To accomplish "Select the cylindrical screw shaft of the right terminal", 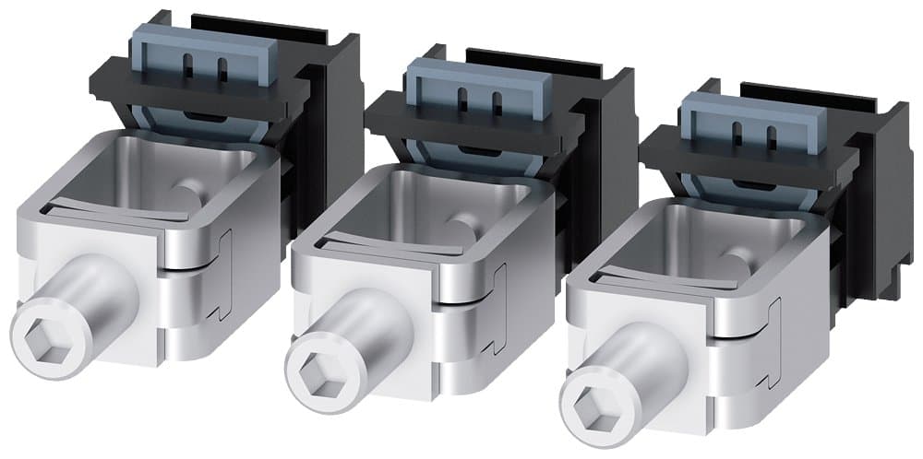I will pos(637,369).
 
